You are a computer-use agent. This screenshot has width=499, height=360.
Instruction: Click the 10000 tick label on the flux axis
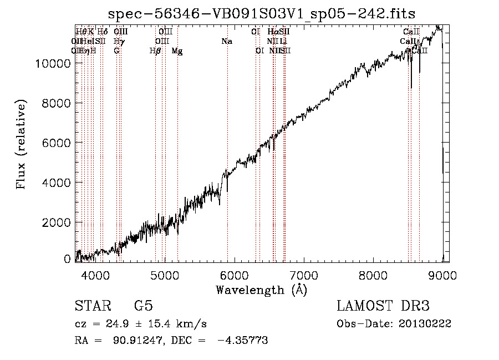tap(50, 63)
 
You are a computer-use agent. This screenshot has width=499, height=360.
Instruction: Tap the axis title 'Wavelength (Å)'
tap(261, 290)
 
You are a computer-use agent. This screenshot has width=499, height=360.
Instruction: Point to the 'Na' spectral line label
tap(226, 41)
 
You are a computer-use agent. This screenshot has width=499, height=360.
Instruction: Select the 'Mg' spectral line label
tap(177, 51)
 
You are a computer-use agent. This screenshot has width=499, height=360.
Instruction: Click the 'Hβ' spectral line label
tap(155, 51)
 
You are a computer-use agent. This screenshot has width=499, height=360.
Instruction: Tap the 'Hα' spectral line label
tap(272, 32)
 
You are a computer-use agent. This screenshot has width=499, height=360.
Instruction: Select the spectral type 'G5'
tap(143, 307)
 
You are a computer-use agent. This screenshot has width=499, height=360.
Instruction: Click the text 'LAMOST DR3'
tap(383, 307)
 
